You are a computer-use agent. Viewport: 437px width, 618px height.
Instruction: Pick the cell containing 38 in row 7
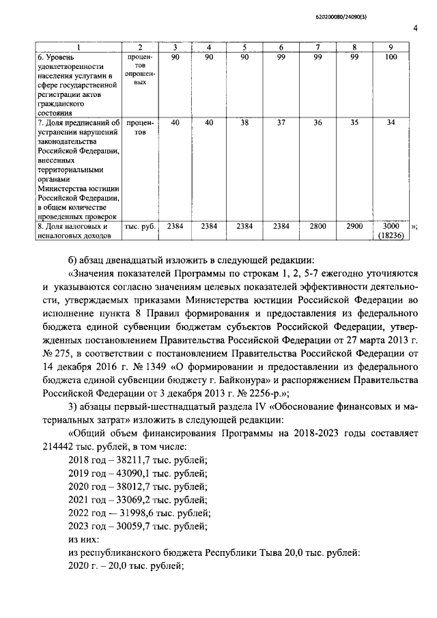pyautogui.click(x=244, y=122)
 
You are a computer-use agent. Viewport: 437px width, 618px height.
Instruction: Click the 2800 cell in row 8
pyautogui.click(x=318, y=225)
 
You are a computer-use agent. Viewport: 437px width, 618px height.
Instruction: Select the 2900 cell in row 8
pyautogui.click(x=354, y=225)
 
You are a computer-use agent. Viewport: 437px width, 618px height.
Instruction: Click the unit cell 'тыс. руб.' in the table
pyautogui.click(x=139, y=225)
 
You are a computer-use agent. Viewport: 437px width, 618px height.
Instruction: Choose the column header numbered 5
pyautogui.click(x=244, y=46)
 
